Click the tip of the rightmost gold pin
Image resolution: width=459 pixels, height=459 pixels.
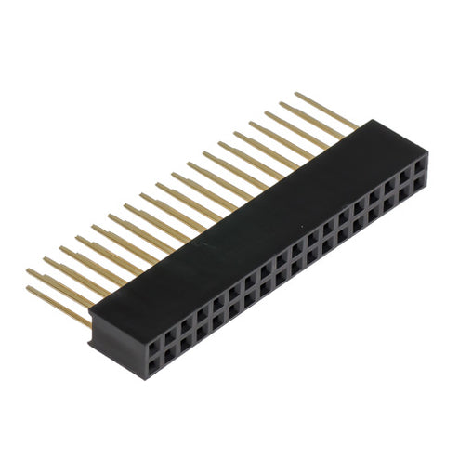pos(296,94)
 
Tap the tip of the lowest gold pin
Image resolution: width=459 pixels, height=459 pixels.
pos(28,289)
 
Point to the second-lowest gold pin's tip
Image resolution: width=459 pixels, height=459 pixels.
pos(28,271)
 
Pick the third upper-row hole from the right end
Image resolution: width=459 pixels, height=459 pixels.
pos(389,180)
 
